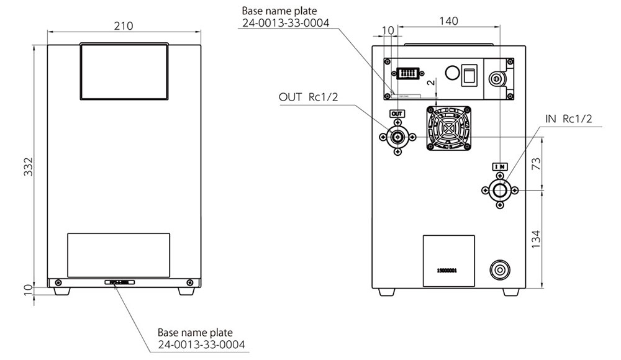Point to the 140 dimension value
coord(448,20)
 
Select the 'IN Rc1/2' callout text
coord(570,119)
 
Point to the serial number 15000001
coord(446,271)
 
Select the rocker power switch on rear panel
coord(469,74)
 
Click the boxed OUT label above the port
coord(397,114)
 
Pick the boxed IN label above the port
coord(500,166)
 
